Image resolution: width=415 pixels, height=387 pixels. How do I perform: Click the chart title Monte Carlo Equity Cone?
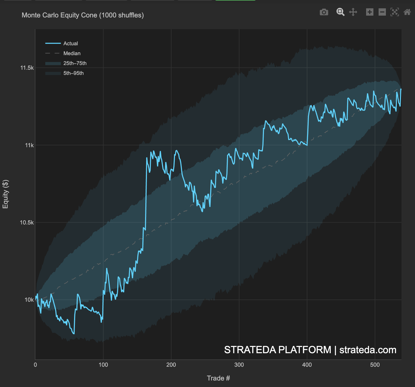tap(82, 15)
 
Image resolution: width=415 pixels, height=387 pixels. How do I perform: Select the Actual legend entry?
tap(70, 43)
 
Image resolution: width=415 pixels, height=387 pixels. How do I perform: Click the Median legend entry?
tap(72, 53)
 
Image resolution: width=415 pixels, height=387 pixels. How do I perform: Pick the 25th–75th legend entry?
tap(75, 63)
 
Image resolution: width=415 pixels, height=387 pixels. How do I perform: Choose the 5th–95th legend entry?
tap(73, 73)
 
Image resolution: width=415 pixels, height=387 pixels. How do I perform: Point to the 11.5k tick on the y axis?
tap(27, 68)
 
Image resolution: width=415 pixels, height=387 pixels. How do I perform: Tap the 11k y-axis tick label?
tap(29, 145)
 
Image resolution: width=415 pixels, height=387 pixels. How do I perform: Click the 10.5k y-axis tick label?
tap(27, 222)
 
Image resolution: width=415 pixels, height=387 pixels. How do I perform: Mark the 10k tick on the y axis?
tap(29, 300)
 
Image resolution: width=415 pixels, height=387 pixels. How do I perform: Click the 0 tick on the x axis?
tap(35, 365)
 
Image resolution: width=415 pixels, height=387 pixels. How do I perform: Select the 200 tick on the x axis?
tap(171, 365)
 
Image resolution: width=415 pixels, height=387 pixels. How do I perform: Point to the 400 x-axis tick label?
tap(307, 365)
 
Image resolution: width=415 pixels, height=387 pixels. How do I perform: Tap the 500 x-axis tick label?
tap(375, 365)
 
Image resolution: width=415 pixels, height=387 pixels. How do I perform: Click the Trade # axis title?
tap(218, 378)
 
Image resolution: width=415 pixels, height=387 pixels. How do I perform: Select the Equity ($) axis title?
tap(5, 194)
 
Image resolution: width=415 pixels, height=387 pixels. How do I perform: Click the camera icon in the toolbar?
tap(324, 12)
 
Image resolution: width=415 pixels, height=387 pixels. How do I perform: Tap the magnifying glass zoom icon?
tap(340, 12)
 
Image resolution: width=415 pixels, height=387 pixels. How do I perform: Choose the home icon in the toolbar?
tap(407, 12)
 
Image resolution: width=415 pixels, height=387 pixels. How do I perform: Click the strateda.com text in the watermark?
tap(368, 350)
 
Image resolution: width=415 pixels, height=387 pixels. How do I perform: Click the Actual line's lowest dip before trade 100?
tap(74, 333)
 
